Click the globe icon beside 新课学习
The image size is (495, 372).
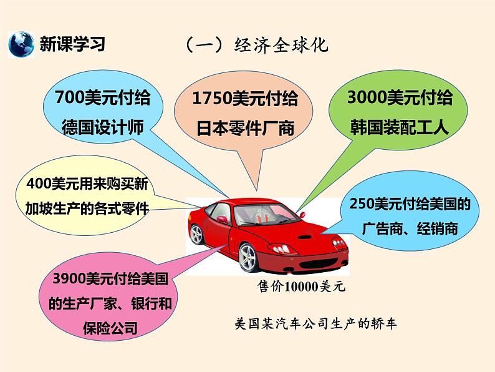pos(21,44)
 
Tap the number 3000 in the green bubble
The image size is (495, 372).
pos(366,98)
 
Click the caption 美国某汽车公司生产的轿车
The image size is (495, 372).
pos(315,325)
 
